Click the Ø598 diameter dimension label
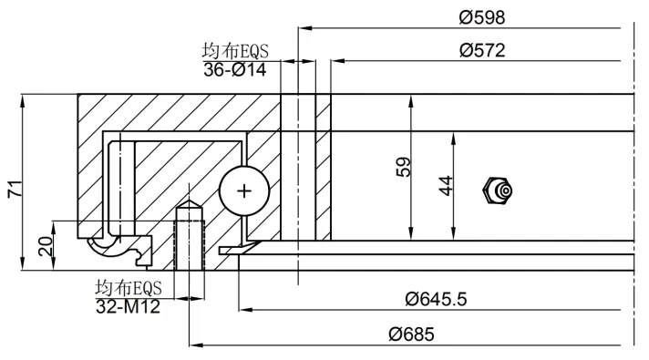(x=482, y=17)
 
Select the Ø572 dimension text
(x=482, y=50)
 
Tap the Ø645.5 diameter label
(x=436, y=299)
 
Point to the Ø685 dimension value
(x=412, y=334)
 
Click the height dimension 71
(x=15, y=189)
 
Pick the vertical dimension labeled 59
(x=403, y=167)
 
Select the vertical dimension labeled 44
(x=446, y=185)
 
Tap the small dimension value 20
(x=46, y=246)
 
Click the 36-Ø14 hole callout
(x=234, y=69)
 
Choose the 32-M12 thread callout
(x=128, y=306)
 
